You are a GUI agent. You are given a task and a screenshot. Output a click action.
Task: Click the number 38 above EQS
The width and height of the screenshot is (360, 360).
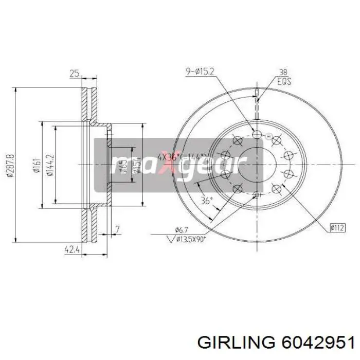[x=282, y=73]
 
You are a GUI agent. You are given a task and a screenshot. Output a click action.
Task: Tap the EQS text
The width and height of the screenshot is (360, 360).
[x=283, y=81]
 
